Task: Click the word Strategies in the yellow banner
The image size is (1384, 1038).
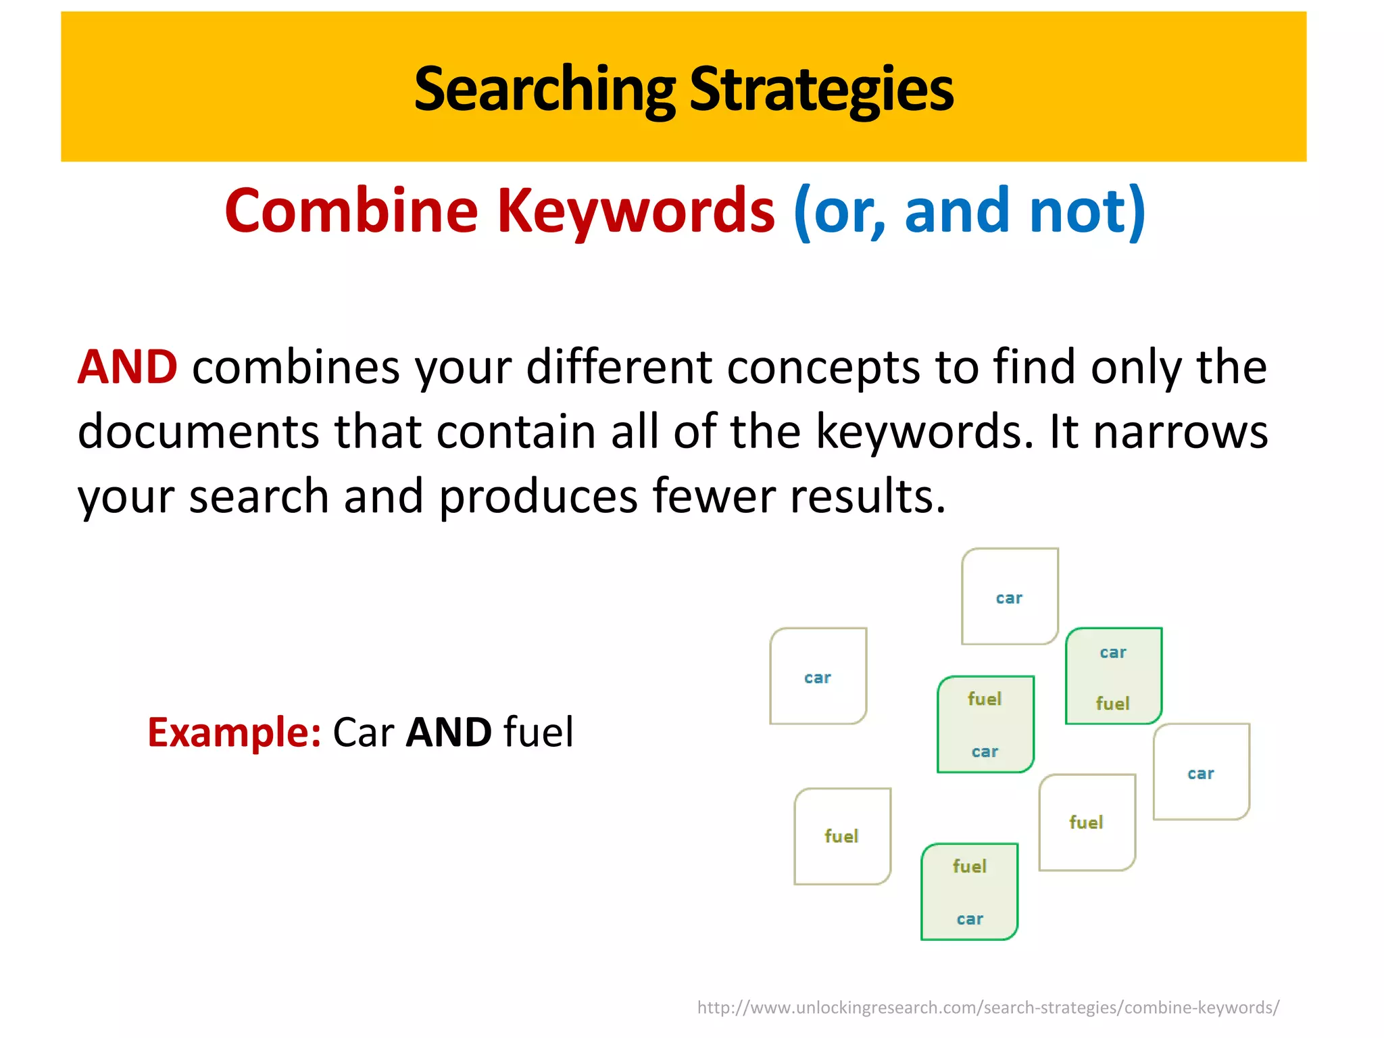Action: point(821,89)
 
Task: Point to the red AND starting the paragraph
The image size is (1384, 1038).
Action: point(128,367)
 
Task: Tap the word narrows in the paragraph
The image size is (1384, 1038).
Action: point(1181,432)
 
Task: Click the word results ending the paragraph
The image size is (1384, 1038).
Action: point(868,496)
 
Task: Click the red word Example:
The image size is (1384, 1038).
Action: point(234,732)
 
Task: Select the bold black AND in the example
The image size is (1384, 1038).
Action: point(449,732)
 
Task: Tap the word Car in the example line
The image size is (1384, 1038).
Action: point(364,732)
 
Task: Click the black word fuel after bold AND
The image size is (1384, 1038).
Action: point(539,732)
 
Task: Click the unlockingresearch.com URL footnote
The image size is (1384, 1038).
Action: point(988,1008)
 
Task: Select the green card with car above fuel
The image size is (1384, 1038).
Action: point(1113,676)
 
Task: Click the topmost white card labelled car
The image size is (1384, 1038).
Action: point(1010,597)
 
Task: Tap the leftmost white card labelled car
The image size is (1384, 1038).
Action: point(818,676)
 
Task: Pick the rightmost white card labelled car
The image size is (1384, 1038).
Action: point(1201,772)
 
